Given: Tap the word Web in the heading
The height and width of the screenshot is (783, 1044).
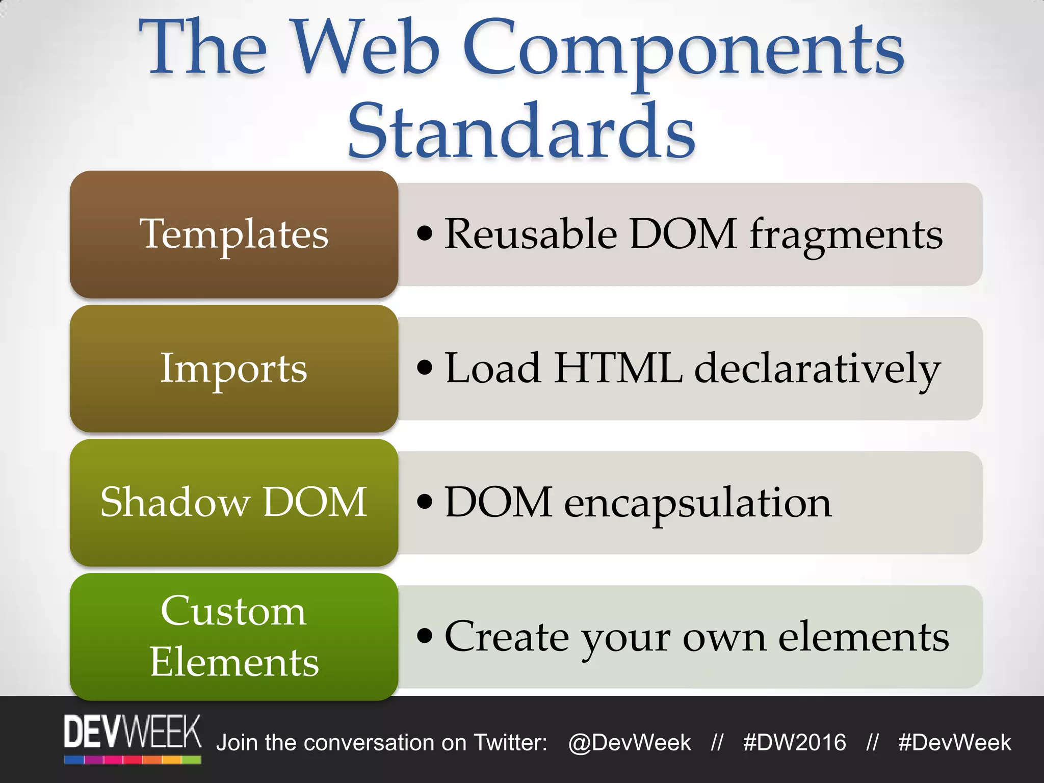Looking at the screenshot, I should point(366,48).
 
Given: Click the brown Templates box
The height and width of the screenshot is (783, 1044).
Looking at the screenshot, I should point(234,234).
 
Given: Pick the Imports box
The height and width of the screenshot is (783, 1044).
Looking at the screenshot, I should point(234,368).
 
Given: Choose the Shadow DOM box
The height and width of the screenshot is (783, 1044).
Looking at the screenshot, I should point(234,502).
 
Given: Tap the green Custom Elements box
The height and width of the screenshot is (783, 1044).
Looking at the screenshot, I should point(234,636).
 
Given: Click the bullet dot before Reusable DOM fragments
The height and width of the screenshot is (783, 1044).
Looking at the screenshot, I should point(424,234).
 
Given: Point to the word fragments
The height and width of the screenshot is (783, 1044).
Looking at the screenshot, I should point(846,236).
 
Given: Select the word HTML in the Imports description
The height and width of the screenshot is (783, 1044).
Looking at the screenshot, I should point(618,368).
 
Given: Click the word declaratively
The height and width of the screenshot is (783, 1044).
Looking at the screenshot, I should point(817,370).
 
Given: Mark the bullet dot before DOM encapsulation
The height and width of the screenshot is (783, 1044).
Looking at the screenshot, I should point(424,502).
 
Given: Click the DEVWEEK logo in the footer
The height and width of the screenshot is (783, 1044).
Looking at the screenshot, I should point(133,738).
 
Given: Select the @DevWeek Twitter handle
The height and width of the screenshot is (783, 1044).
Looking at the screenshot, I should point(630,743).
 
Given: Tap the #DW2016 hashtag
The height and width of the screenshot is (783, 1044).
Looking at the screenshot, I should point(794,743).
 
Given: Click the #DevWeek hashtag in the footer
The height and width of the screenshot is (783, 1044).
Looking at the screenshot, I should point(954,743).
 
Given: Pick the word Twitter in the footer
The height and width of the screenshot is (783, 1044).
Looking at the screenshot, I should point(510,743).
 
